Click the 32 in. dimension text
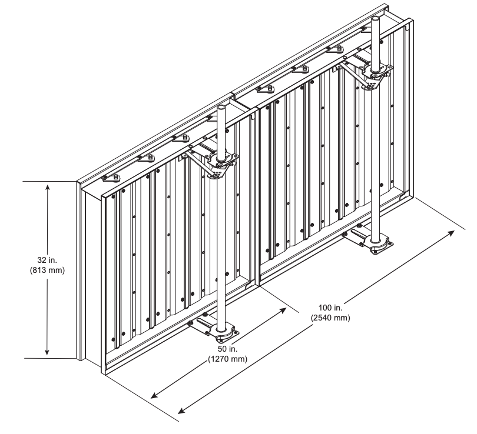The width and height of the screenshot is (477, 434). pos(47,260)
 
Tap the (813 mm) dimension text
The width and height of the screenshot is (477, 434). pos(47,270)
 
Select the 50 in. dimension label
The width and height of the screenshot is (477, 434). pos(227,349)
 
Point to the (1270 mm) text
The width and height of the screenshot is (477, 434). pos(227,359)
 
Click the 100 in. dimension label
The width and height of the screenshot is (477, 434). pos(330,308)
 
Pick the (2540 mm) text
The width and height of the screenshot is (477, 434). pos(330,318)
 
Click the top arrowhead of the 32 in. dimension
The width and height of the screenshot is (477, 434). pos(48,187)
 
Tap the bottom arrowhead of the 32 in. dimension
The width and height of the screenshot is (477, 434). pos(47,352)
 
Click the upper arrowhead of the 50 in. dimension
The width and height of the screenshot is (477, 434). pos(283,310)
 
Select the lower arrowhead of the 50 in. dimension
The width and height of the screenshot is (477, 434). pos(154,395)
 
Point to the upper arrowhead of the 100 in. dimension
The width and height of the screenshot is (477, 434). pos(451,233)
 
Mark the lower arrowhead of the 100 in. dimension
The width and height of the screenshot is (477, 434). pos(181,410)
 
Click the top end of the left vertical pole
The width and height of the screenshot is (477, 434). pos(221,107)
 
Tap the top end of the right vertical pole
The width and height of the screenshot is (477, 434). pos(376,18)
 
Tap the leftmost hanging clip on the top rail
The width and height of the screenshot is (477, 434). pos(112,178)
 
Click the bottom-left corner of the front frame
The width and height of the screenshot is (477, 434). pos(105,375)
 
